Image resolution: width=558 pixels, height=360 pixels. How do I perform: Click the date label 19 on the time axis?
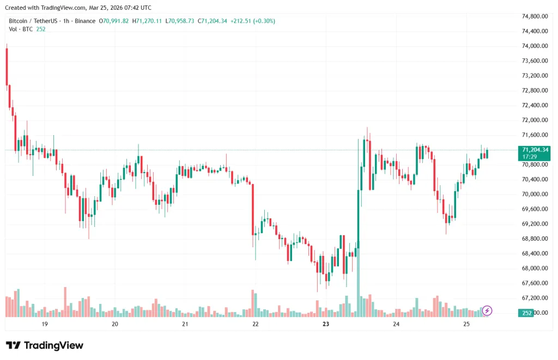tap(45, 324)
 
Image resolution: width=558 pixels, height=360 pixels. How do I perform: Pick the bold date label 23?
tap(326, 324)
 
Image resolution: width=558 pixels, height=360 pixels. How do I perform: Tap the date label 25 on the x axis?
tap(466, 324)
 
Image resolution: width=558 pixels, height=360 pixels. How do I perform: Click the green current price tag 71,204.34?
tap(535, 150)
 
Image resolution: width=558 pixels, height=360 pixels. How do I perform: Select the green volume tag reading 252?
tap(527, 313)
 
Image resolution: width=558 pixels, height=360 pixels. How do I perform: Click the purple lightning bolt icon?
tap(487, 310)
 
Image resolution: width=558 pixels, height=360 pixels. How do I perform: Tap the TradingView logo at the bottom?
tap(45, 345)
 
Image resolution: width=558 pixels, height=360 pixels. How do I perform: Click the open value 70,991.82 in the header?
tap(115, 21)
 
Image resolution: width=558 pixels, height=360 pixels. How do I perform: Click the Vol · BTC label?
tap(20, 29)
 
